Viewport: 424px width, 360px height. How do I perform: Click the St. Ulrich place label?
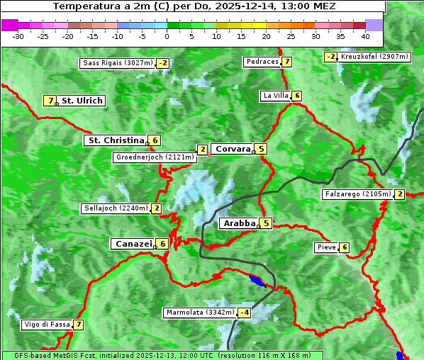82,101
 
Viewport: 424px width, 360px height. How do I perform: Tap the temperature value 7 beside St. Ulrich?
50,101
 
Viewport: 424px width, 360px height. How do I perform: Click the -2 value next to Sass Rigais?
163,63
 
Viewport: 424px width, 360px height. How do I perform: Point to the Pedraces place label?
262,62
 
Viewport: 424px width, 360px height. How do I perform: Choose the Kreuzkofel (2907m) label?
374,57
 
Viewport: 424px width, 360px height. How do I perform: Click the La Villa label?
275,96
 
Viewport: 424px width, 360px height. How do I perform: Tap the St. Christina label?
115,140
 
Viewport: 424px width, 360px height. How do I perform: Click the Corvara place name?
233,149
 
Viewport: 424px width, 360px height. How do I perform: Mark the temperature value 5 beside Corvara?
262,149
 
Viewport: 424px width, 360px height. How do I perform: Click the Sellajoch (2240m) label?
116,208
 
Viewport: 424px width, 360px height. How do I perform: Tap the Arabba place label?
240,223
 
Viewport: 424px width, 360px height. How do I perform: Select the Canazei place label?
133,244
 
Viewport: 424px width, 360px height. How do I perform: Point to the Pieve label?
326,247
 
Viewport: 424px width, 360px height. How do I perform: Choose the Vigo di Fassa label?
47,325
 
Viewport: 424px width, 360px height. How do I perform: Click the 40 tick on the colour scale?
365,36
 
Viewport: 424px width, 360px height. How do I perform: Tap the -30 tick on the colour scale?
18,36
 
